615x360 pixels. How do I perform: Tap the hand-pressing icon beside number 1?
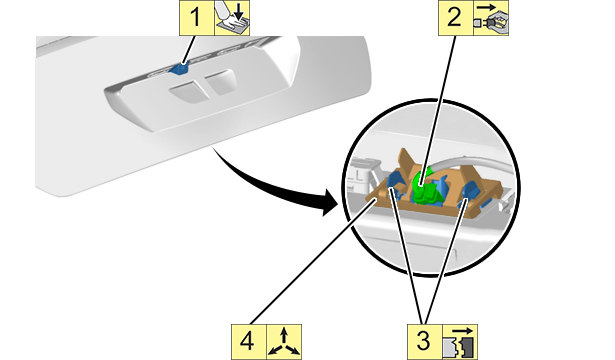click(x=232, y=18)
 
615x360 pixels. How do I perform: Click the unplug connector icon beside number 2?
click(x=491, y=18)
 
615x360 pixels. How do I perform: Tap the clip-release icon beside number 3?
click(x=460, y=342)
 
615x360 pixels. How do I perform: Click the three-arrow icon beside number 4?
click(x=284, y=342)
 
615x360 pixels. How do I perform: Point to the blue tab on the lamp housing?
click(x=179, y=68)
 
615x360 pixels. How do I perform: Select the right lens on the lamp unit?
click(x=220, y=83)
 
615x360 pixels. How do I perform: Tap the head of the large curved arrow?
click(x=329, y=201)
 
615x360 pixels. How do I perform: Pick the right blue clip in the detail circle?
click(x=469, y=192)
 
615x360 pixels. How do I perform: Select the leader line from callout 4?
click(x=314, y=262)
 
